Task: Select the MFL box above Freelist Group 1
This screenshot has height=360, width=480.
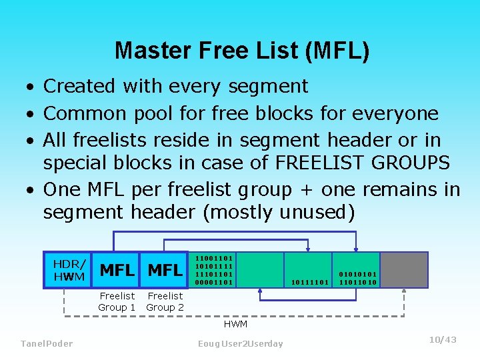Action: [117, 270]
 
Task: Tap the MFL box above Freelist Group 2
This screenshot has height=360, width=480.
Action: [165, 270]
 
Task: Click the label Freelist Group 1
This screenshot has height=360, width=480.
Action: [117, 301]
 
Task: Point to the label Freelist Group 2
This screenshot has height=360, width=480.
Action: [165, 301]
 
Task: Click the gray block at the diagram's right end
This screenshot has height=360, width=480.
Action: [403, 269]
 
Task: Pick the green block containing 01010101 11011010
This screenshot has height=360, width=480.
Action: [357, 269]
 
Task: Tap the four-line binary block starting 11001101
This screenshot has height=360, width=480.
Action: [213, 269]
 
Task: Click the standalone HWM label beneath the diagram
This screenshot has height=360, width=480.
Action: [235, 324]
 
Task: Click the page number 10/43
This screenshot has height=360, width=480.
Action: [443, 340]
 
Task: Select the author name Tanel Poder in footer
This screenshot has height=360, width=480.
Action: [47, 343]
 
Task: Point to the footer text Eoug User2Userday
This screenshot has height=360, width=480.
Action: [240, 343]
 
